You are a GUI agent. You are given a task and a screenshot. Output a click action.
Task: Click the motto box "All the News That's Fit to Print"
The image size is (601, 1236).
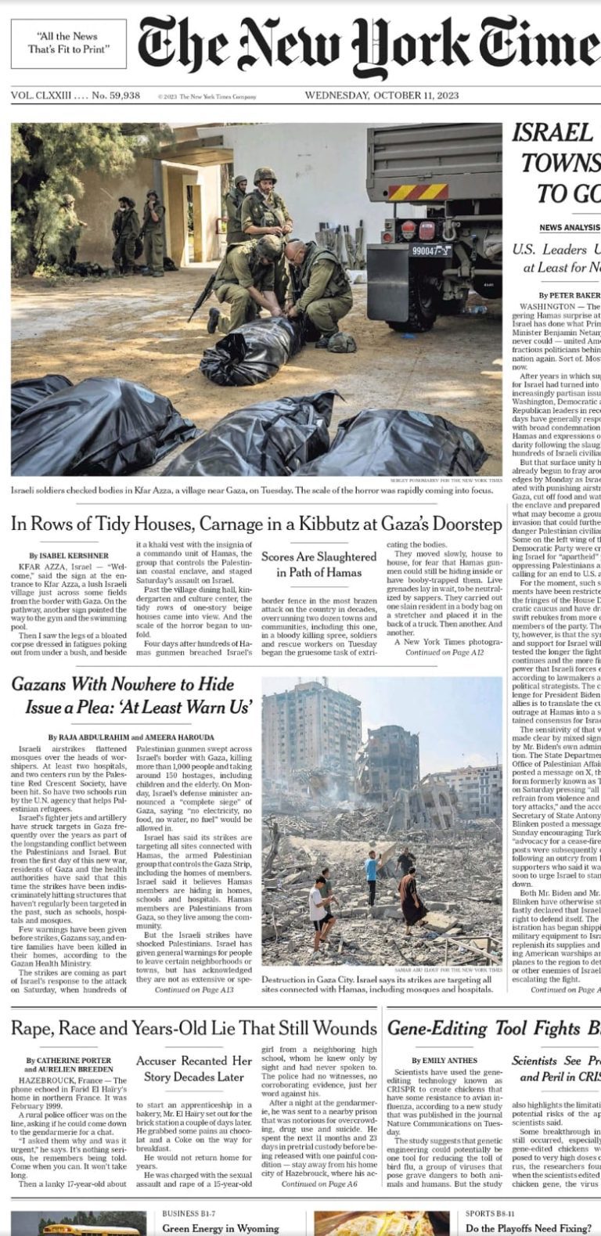tap(68, 43)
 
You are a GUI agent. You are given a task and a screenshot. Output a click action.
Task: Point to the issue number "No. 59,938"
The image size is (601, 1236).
tap(116, 95)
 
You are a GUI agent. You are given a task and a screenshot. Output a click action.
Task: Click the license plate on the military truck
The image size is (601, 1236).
tap(430, 251)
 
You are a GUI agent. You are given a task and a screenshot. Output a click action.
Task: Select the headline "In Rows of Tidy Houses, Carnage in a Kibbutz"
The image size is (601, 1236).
tap(257, 524)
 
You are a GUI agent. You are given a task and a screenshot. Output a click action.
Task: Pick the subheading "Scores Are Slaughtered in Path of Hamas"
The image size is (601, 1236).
tap(318, 564)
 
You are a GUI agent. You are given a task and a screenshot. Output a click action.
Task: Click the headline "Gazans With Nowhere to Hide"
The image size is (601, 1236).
tap(123, 685)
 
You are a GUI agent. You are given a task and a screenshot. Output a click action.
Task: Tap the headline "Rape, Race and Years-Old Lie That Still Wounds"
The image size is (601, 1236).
tap(194, 1028)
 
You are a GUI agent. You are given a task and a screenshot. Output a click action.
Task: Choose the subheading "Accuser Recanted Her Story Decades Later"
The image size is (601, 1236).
tap(194, 1068)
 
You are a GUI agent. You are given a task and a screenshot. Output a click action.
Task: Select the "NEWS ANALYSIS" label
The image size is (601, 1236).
tap(568, 228)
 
